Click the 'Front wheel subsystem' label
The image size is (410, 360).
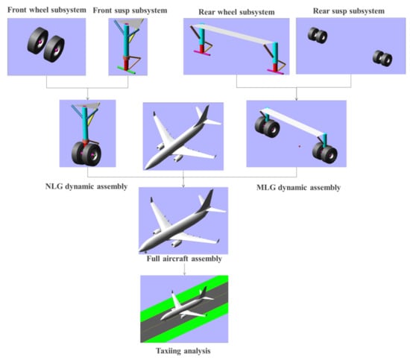[47, 10]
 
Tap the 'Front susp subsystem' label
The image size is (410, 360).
[130, 10]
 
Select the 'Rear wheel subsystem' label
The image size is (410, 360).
[236, 12]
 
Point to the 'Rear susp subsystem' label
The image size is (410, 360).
[349, 11]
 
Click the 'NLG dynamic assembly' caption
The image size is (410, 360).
[86, 186]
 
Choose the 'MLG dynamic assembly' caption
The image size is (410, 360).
[299, 188]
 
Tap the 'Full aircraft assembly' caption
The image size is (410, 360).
[184, 259]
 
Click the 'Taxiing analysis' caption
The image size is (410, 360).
[183, 351]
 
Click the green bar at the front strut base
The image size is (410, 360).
[126, 70]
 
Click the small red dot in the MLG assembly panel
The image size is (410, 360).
[300, 146]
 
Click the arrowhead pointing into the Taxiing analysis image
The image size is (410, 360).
[184, 274]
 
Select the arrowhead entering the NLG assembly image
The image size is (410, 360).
[88, 98]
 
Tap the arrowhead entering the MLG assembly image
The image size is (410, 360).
[296, 99]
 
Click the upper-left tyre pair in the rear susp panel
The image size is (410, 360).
[318, 35]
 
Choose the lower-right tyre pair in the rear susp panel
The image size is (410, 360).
[382, 58]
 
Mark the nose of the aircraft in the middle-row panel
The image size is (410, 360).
[146, 167]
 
